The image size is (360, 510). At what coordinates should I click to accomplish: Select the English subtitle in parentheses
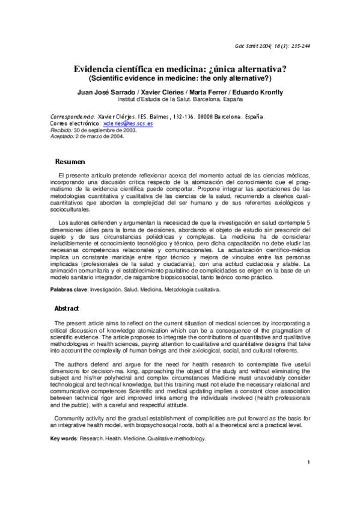[x=180, y=79]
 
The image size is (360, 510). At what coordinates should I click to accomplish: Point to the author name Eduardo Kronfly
[x=257, y=92]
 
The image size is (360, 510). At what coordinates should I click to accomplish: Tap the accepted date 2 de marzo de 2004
[x=99, y=137]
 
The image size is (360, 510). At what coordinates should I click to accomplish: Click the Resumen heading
[x=70, y=162]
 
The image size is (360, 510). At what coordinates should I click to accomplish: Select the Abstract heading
[x=67, y=309]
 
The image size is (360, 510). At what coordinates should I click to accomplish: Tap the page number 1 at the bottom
[x=308, y=479]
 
